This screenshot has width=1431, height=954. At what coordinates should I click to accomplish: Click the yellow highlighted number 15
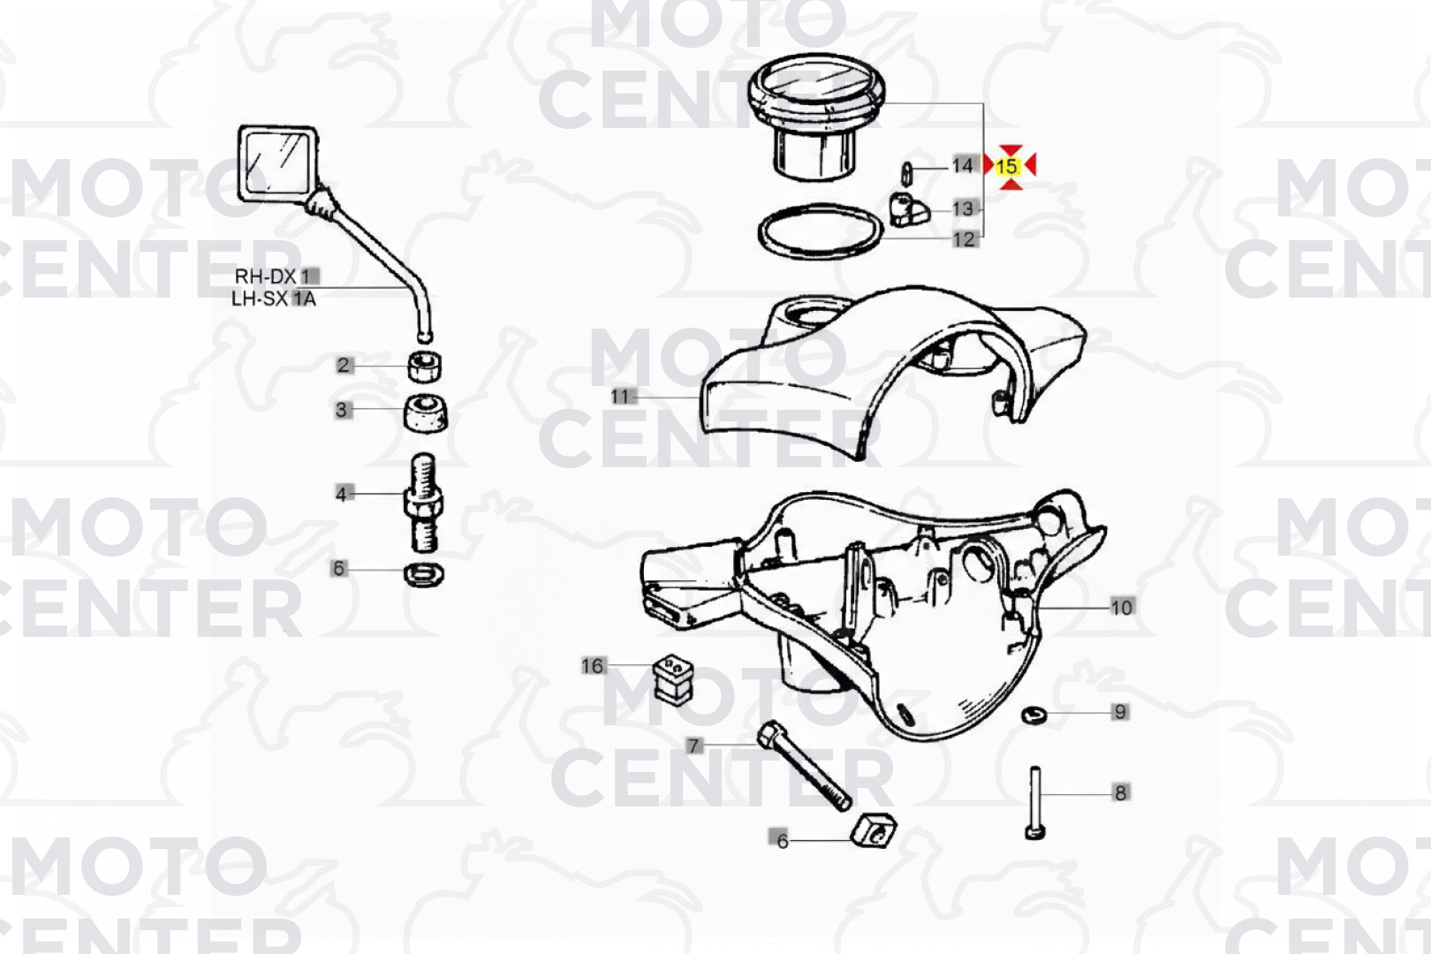[1006, 167]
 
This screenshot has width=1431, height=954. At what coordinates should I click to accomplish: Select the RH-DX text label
[266, 276]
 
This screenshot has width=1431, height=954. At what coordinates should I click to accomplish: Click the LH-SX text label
[262, 299]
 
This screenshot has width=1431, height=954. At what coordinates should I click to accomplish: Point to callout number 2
[344, 365]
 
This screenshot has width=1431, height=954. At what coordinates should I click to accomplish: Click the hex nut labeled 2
[425, 366]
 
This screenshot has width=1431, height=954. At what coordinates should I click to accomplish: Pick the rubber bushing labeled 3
[426, 413]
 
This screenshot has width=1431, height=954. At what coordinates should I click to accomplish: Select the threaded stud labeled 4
[423, 503]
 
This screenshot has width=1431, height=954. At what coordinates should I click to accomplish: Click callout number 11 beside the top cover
[620, 397]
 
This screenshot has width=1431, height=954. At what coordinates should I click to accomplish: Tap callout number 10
[1122, 607]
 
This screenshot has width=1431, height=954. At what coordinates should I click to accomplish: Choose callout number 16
[592, 666]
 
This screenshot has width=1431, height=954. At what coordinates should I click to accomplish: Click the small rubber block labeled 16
[673, 679]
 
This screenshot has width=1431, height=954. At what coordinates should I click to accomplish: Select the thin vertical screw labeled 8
[1035, 803]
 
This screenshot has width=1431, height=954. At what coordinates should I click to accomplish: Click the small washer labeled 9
[1033, 715]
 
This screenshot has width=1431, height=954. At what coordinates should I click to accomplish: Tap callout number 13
[963, 209]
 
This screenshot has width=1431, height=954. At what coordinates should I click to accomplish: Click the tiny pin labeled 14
[905, 173]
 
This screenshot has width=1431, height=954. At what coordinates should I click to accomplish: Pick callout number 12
[964, 239]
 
